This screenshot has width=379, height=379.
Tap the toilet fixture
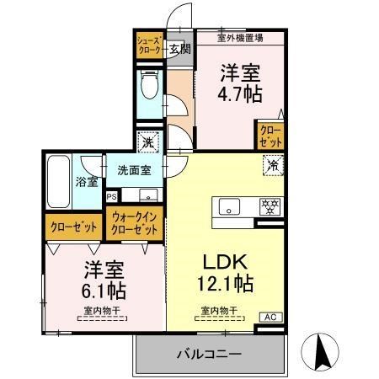(151, 85)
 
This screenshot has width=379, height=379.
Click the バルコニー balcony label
(209, 354)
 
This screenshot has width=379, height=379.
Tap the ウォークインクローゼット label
(135, 223)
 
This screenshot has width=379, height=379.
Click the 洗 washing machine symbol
(148, 142)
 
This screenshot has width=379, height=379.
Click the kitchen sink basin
(230, 206)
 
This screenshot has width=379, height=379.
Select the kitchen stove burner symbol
(270, 206)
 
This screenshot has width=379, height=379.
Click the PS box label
(112, 197)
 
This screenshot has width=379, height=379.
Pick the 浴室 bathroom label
(88, 181)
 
